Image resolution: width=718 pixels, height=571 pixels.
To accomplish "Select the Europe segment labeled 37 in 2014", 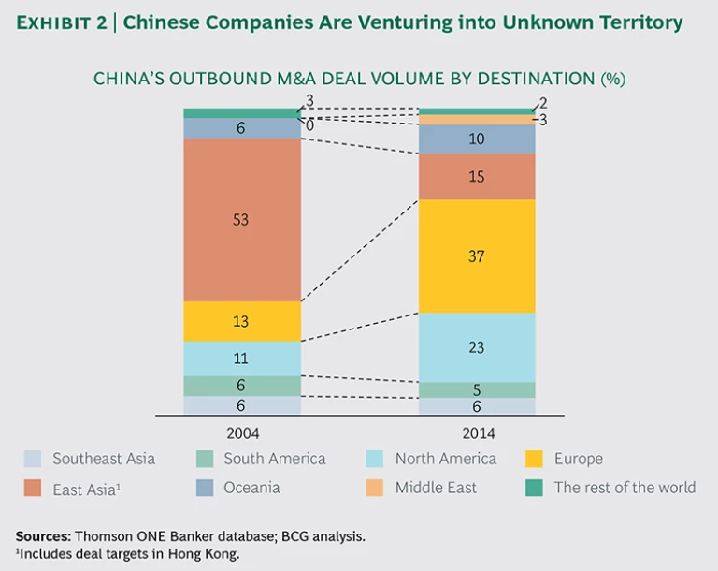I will coord(477,256).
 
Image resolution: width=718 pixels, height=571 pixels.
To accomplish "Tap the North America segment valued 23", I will coord(477,346).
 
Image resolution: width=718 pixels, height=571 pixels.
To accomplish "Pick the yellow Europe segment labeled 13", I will coord(242,321).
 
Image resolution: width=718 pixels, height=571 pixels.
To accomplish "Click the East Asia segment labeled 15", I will coord(477,176).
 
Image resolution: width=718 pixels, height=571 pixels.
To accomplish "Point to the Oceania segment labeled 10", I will coord(477,139).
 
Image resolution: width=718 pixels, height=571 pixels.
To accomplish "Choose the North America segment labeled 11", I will coord(242,358).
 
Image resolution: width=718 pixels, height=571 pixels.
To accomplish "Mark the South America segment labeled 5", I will coord(477,389).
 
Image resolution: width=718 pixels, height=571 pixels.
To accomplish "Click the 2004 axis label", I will coord(242,433).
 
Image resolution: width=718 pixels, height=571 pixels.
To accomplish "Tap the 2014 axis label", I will coord(477,433).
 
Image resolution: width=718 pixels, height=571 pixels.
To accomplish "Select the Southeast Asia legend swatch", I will coord(33,459).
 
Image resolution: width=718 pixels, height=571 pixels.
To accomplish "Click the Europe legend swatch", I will coord(534,459).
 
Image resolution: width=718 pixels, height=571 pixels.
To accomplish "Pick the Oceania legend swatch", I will coord(204,487).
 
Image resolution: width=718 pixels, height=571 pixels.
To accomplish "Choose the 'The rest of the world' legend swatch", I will coord(534,487).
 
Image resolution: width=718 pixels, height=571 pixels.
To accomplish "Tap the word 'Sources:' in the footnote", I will coord(43,536).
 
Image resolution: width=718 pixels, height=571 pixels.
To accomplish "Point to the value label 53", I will coord(242,220).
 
